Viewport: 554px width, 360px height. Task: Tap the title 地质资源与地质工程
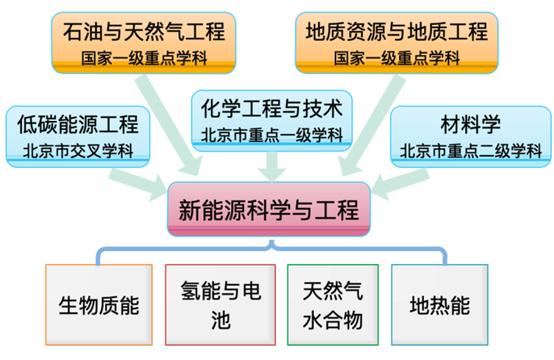[396, 31]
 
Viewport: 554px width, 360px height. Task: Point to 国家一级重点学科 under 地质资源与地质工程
[396, 58]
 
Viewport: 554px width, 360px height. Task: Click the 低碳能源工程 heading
[78, 123]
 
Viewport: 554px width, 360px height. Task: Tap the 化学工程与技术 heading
[272, 108]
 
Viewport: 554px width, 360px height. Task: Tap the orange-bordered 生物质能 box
[99, 305]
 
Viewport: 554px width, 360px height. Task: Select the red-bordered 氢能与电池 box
[220, 305]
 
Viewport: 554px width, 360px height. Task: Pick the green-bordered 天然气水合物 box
[332, 305]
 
